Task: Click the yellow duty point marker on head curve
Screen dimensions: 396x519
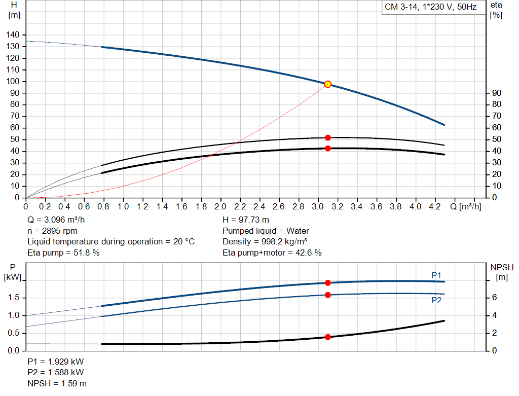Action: point(327,84)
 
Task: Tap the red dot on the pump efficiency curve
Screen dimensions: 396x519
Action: point(327,138)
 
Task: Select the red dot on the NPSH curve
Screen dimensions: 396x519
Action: point(327,337)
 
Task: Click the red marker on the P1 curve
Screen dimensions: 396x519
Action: point(327,283)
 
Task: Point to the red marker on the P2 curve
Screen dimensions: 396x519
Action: point(327,295)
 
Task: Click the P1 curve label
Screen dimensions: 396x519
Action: point(436,275)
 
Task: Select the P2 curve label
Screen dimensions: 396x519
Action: point(436,301)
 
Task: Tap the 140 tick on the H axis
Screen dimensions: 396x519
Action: point(13,35)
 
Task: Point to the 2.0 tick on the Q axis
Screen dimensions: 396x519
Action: point(220,207)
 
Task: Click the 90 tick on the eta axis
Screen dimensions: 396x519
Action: point(497,93)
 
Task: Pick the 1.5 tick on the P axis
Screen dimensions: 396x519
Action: point(14,298)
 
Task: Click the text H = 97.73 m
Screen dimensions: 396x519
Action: point(247,220)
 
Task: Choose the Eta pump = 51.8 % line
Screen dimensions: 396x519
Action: point(63,253)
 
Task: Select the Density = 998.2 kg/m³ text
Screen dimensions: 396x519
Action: point(265,241)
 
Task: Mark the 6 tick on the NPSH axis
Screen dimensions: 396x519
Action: point(494,298)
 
